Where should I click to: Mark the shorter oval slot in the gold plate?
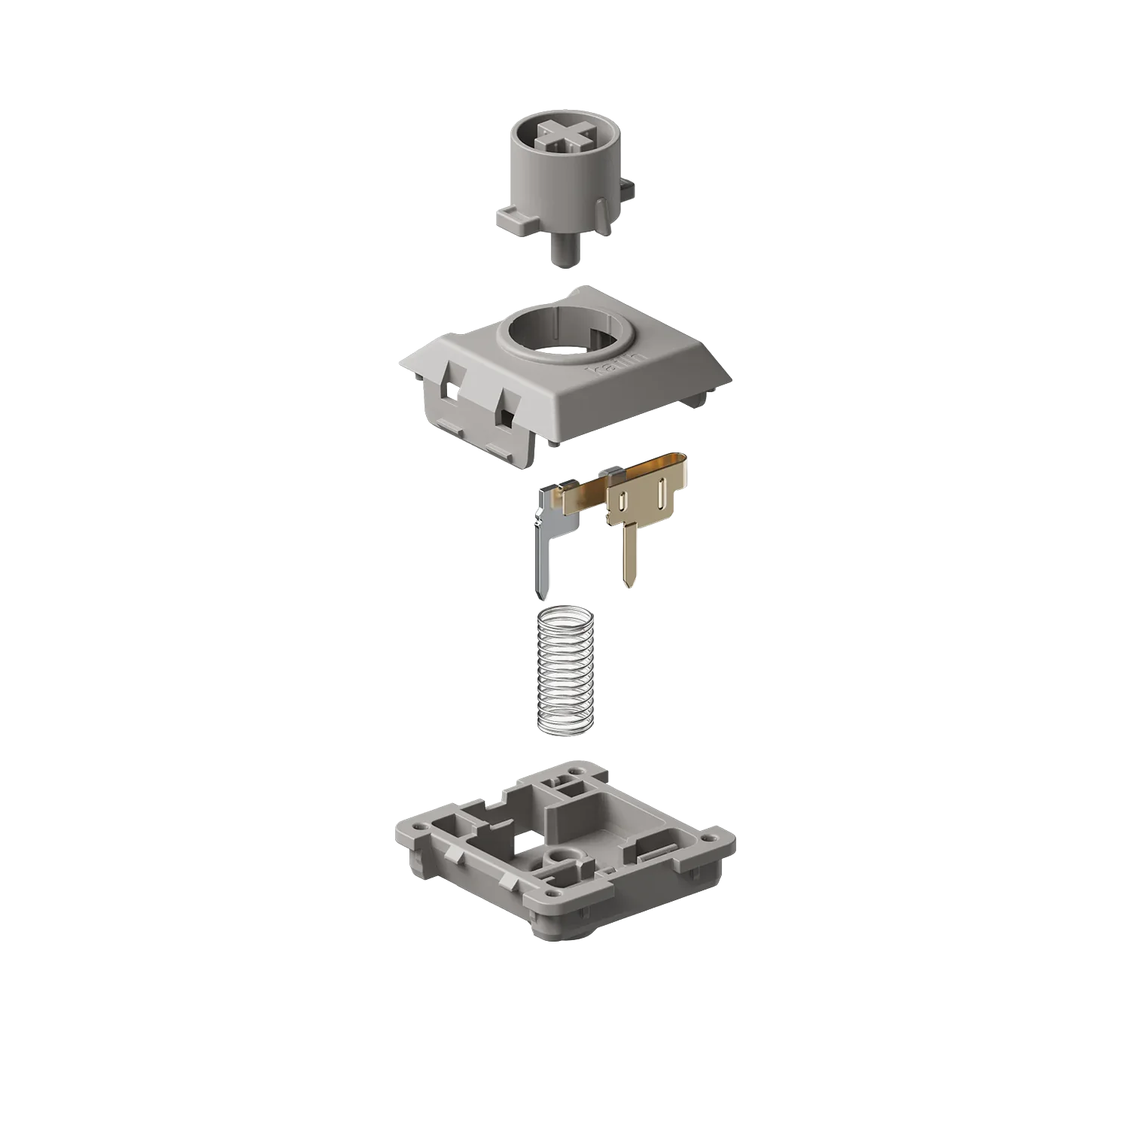(x=623, y=501)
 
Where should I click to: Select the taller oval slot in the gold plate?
(x=660, y=495)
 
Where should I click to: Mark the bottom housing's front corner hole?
(x=555, y=894)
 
